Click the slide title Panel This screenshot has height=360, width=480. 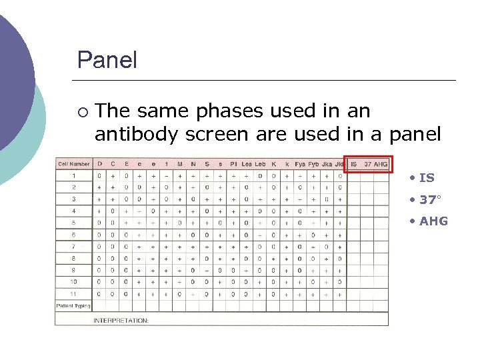tap(107, 61)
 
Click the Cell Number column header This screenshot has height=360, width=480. tap(73, 164)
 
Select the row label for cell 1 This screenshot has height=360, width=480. tap(74, 176)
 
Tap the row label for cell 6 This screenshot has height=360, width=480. tap(73, 235)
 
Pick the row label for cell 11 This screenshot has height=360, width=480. tap(73, 293)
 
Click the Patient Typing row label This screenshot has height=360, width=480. tap(73, 305)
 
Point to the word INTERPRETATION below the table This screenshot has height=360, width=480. tap(121, 320)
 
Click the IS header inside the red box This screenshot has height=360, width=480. tap(353, 164)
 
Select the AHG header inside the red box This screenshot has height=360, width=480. tap(381, 164)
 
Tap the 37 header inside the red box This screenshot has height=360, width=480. tap(367, 164)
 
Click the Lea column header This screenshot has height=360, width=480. tap(247, 164)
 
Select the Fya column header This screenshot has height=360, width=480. tap(300, 164)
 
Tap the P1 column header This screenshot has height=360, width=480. tap(233, 164)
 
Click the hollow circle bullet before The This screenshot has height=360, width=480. tap(81, 111)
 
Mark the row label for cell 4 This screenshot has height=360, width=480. tap(73, 211)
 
